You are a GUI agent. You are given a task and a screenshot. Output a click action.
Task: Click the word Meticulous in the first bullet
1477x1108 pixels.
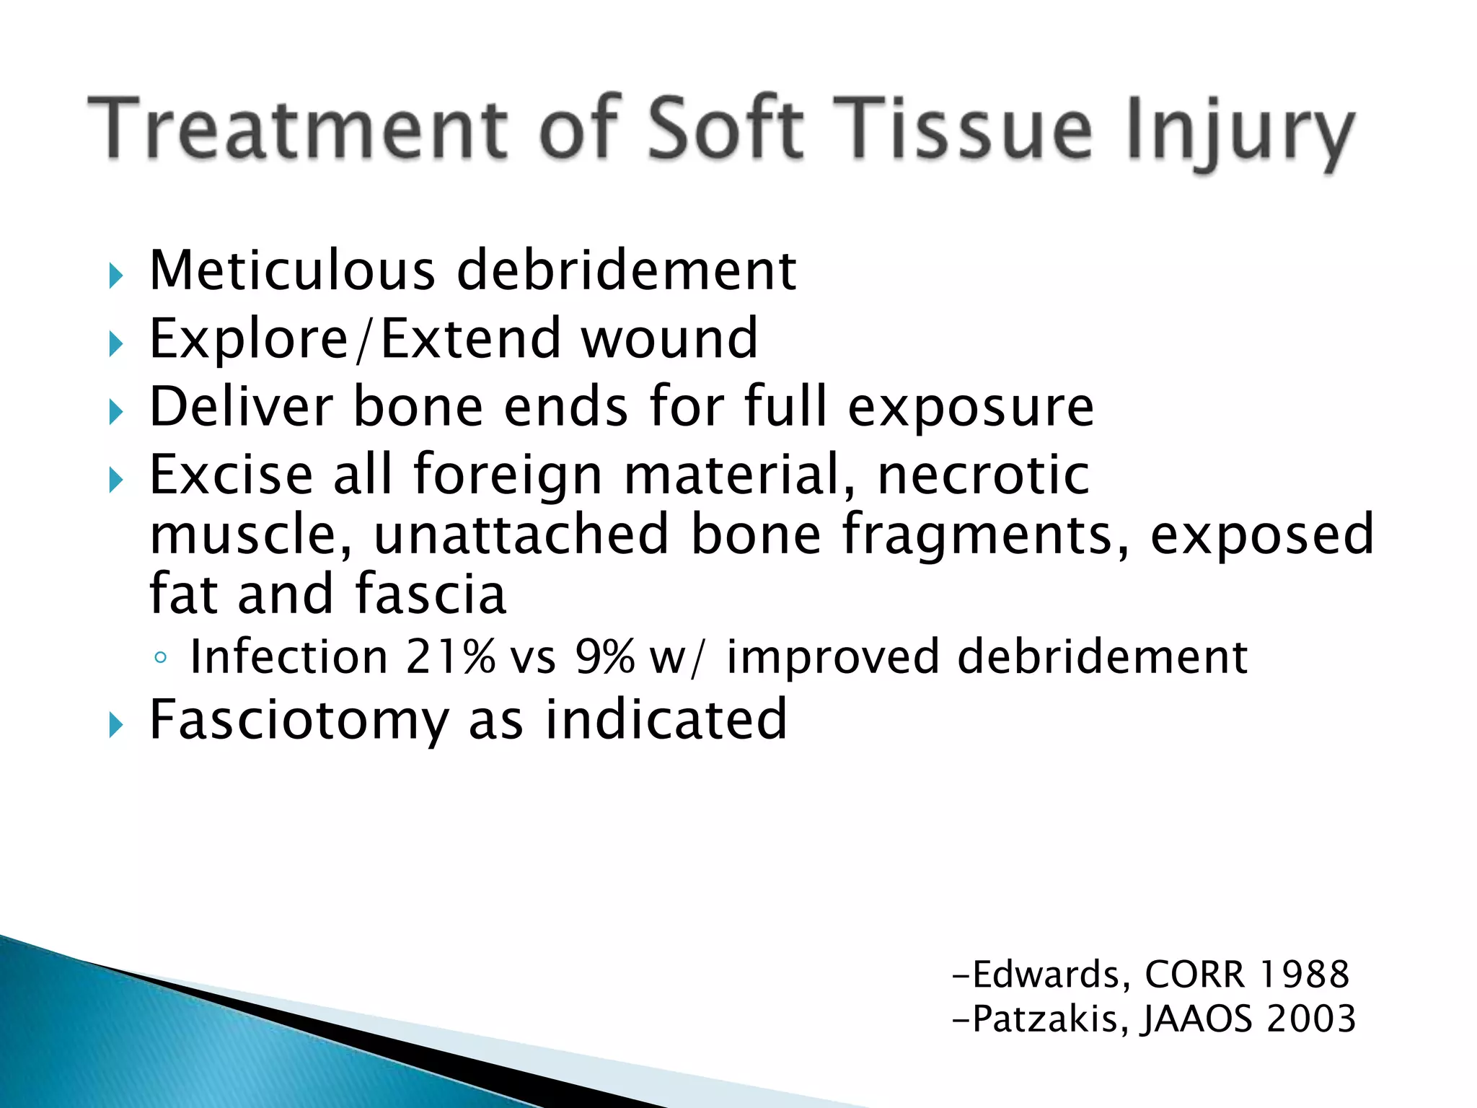point(292,271)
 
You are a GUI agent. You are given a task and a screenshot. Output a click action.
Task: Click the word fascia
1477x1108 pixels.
point(431,594)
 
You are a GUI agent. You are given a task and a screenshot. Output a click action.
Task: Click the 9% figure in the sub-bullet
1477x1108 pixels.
point(604,657)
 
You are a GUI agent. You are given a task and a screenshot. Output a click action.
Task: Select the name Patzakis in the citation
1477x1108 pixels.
point(1046,1019)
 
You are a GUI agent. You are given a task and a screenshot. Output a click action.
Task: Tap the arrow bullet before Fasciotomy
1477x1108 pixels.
point(116,725)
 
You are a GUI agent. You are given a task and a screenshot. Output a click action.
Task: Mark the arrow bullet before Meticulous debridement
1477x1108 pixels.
point(116,276)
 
